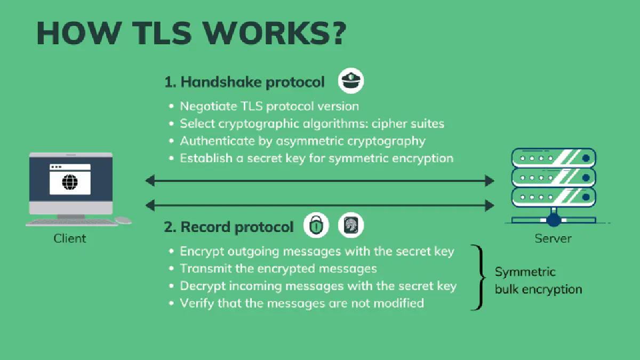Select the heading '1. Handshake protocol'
244,82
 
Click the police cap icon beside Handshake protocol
351,81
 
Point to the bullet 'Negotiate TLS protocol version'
269,107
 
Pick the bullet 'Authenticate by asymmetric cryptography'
302,141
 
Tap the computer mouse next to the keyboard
123,219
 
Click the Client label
70,238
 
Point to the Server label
553,238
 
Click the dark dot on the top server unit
586,158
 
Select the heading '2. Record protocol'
229,227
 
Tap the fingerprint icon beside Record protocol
351,226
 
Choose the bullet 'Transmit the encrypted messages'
278,268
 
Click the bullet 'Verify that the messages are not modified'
301,303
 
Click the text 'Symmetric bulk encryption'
538,281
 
